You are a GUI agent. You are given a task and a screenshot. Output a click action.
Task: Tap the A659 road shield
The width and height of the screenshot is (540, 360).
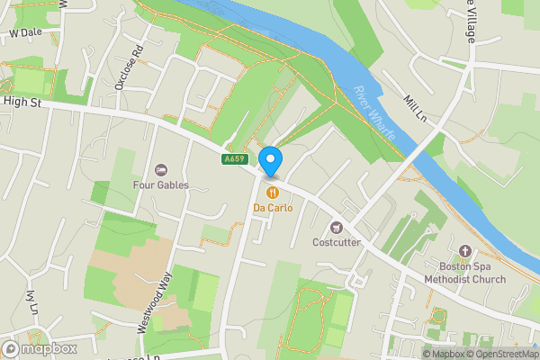pos(234,159)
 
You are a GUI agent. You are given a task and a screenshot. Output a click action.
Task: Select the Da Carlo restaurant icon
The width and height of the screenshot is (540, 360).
pos(271,192)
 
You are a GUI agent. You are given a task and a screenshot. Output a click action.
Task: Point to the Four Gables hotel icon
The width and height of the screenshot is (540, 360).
pos(161,170)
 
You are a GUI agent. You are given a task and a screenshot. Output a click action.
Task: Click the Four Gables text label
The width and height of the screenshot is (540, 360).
pos(161,185)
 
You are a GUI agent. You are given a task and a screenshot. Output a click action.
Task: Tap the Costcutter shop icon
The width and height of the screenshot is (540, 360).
pos(337,227)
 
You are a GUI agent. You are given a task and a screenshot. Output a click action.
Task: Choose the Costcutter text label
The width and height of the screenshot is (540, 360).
pos(337,242)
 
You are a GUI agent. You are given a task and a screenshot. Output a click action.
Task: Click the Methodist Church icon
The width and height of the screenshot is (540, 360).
pos(465,251)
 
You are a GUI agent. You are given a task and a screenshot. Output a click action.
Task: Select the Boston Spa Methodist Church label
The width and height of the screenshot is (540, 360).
pos(472,273)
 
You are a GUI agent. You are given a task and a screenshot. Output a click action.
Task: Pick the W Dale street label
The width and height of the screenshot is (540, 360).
pos(26,33)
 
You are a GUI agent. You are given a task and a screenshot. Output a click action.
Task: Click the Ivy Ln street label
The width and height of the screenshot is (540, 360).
pos(33,304)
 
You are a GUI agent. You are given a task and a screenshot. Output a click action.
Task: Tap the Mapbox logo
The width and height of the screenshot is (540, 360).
pos(39,348)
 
